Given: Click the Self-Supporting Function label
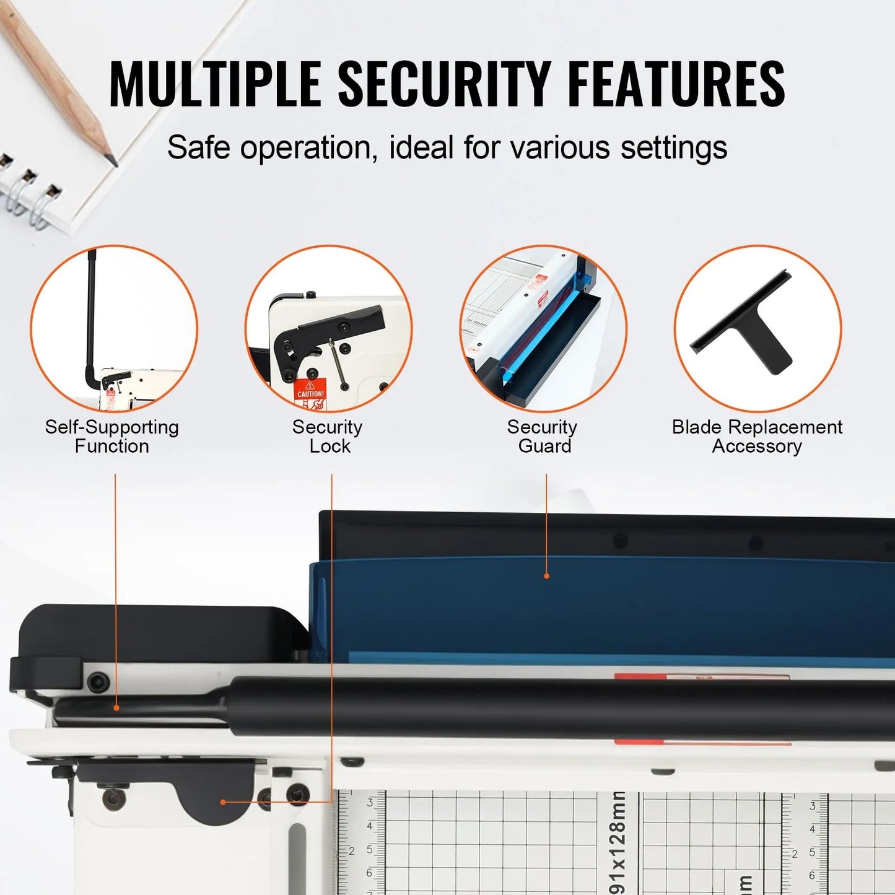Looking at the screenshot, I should coord(111,437).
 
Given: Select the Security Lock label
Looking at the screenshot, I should coord(328,437).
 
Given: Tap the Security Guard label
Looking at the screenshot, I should coord(543,437).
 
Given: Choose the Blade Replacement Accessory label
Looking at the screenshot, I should coord(757,437).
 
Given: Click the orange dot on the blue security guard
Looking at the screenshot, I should coord(546,576).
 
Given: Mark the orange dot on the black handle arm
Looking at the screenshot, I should coord(116,707).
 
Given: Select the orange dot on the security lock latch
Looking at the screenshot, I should coord(223,802).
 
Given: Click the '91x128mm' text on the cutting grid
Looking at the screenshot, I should coord(618,842).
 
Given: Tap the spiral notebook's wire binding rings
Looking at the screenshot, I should coord(28,189).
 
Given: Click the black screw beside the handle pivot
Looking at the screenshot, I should coord(97,683).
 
